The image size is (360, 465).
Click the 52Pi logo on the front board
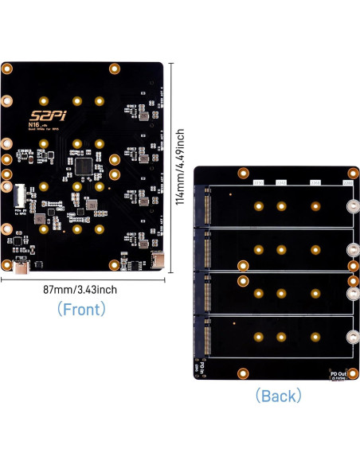click(52, 115)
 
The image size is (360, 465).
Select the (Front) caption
click(82, 309)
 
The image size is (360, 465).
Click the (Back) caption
click(278, 395)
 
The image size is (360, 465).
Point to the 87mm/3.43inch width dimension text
click(80, 290)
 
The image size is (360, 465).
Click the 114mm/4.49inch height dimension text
click(181, 169)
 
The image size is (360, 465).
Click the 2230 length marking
click(258, 182)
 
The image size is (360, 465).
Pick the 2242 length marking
click(281, 182)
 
